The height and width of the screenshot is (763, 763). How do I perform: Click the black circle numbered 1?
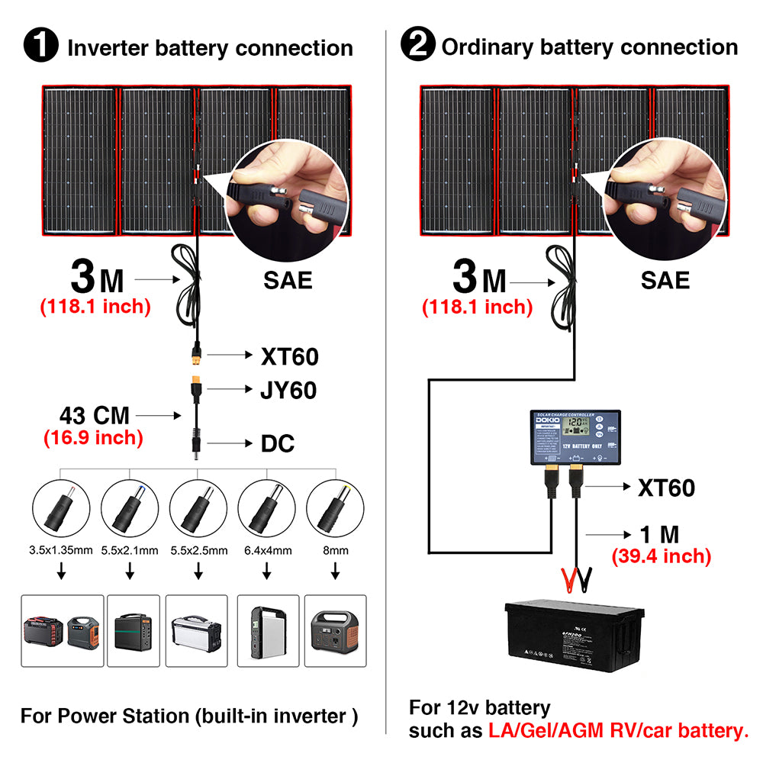point(41,46)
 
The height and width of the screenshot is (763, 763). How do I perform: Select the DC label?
point(278,444)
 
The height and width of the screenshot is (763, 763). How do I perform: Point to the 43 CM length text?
point(95,416)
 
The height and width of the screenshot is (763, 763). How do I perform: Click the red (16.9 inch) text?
point(93,437)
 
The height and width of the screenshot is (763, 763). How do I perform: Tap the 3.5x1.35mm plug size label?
point(60,550)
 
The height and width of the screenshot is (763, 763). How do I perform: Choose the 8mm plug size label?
point(334,550)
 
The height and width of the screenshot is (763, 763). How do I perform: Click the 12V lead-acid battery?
point(571,636)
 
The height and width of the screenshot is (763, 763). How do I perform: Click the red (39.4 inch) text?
point(661,556)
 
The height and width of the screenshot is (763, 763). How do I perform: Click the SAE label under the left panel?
point(288,280)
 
